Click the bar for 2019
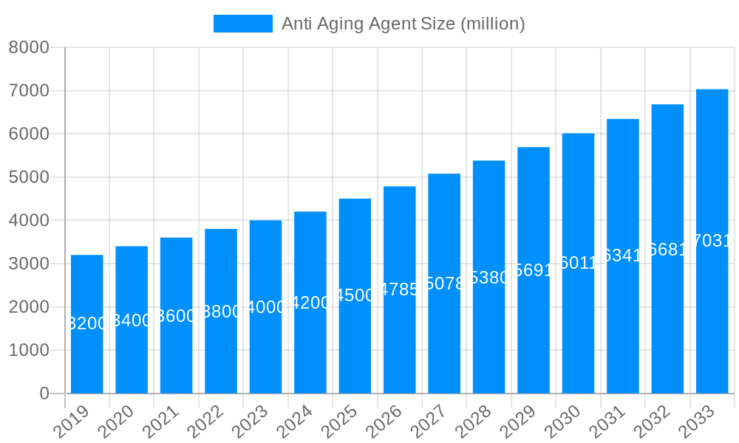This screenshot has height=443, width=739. [87, 354]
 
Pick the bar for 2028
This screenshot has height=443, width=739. [488, 332]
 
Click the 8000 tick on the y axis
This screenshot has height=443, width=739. [28, 48]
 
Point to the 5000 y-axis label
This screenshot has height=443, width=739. [28, 177]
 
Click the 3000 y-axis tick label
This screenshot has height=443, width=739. [28, 264]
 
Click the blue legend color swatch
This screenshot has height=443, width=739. [242, 24]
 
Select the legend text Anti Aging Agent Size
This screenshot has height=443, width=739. [403, 24]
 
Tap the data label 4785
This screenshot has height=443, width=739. [399, 289]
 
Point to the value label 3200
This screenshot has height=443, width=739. [87, 323]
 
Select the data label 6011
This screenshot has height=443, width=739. [578, 263]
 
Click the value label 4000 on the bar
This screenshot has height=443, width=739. [265, 306]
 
